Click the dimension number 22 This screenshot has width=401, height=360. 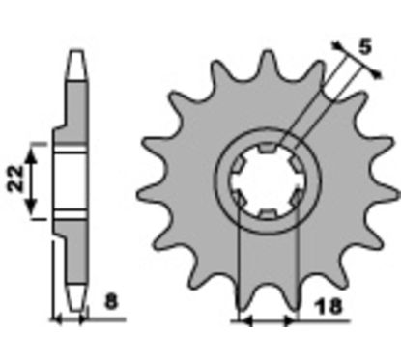(16, 179)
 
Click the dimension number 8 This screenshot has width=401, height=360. (111, 302)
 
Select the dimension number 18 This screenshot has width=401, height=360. (329, 307)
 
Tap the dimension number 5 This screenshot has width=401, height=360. (365, 46)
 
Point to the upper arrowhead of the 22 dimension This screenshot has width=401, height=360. (31, 156)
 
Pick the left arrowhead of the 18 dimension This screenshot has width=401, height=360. (246, 320)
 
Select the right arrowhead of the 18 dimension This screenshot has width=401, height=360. (289, 320)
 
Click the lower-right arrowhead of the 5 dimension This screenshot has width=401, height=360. (376, 73)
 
